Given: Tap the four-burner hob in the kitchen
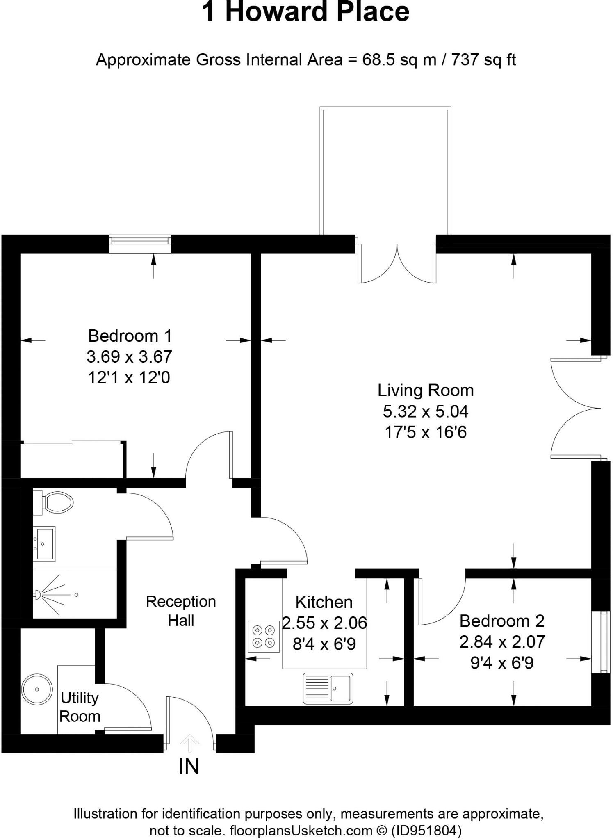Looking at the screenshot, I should [x=264, y=636].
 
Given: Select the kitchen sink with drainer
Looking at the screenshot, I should [x=328, y=688].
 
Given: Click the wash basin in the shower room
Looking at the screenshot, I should [x=44, y=543].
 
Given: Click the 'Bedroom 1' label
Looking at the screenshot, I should [x=130, y=336].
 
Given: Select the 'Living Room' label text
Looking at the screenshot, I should [x=425, y=390].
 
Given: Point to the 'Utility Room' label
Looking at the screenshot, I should [x=80, y=707].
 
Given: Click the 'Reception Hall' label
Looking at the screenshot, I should [x=181, y=611].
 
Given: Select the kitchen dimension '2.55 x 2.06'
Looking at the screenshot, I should [x=324, y=623].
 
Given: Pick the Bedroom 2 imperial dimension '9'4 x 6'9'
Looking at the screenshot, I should [x=502, y=663].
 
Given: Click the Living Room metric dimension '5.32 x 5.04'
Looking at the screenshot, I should [x=426, y=411].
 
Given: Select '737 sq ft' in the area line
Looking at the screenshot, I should [x=483, y=60].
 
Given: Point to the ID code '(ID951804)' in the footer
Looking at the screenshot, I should [x=426, y=831].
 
